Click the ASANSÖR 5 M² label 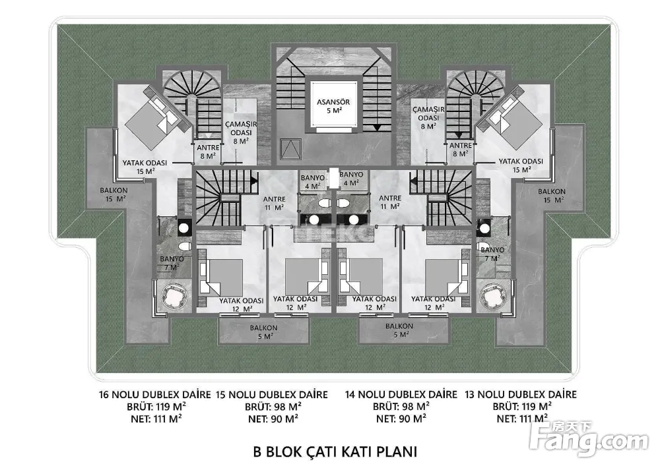tap(333, 106)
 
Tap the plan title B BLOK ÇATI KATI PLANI tap(335, 451)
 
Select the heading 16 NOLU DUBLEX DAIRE tap(155, 395)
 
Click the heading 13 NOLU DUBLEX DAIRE tap(521, 395)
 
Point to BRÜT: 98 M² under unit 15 tap(273, 407)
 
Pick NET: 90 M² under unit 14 tap(401, 419)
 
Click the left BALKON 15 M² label tap(114, 194)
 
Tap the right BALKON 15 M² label tap(552, 195)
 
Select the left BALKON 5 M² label tap(263, 332)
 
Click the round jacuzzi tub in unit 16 tap(172, 296)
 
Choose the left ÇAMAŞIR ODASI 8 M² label tap(241, 132)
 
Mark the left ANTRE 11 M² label tap(275, 204)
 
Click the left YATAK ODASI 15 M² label tap(145, 167)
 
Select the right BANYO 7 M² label tap(492, 254)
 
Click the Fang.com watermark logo tap(589, 439)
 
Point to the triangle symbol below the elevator tap(290, 148)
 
